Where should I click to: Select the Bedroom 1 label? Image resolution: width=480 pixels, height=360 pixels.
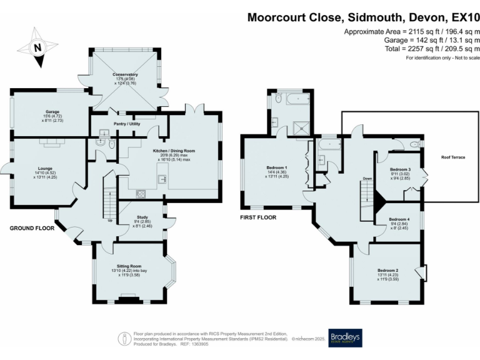point(277,167)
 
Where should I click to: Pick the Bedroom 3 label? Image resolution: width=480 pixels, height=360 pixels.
point(400,169)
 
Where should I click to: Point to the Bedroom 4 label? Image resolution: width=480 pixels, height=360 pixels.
point(399,219)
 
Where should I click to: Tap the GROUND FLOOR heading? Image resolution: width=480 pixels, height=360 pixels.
point(30,229)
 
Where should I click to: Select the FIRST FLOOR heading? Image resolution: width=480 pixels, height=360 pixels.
point(258,217)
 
